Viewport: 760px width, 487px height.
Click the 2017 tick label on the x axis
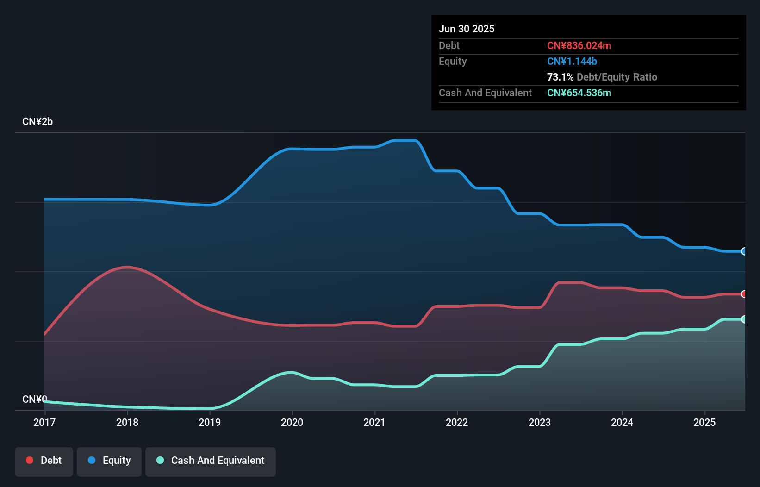pyautogui.click(x=44, y=422)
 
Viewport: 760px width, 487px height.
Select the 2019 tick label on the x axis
pyautogui.click(x=210, y=422)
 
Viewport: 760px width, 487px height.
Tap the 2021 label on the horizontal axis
pyautogui.click(x=374, y=422)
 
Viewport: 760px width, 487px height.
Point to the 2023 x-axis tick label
pyautogui.click(x=540, y=422)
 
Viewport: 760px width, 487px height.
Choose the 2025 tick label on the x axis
pyautogui.click(x=704, y=422)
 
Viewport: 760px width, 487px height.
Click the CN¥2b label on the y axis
pyautogui.click(x=37, y=122)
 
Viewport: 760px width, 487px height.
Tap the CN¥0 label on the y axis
pyautogui.click(x=35, y=399)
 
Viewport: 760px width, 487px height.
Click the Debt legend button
pyautogui.click(x=44, y=461)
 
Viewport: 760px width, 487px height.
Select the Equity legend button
pyautogui.click(x=109, y=461)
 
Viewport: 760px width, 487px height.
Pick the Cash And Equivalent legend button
pyautogui.click(x=211, y=461)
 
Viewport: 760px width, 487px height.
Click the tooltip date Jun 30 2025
pyautogui.click(x=467, y=29)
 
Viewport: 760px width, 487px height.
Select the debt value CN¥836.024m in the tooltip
pyautogui.click(x=579, y=45)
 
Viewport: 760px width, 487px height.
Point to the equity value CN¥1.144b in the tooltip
pyautogui.click(x=572, y=61)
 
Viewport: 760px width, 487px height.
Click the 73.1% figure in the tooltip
pyautogui.click(x=560, y=77)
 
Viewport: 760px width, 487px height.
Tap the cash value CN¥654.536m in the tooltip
pyautogui.click(x=579, y=93)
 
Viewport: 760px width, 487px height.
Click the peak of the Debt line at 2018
pyautogui.click(x=127, y=267)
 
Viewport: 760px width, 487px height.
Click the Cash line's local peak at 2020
pyautogui.click(x=291, y=372)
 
